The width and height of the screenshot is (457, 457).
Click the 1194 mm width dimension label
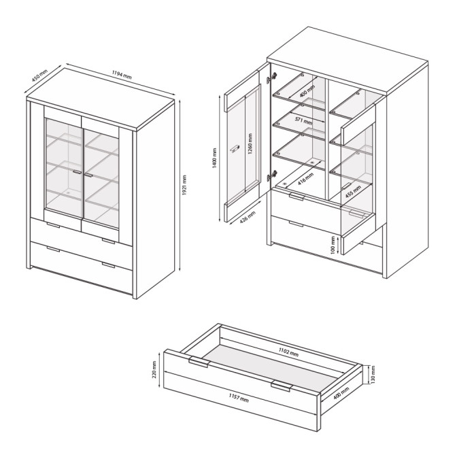pos(122,75)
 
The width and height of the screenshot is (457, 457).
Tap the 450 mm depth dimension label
pos(39,75)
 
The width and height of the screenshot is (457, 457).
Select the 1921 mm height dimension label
pos(184,186)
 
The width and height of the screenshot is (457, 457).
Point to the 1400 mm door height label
pos(215,158)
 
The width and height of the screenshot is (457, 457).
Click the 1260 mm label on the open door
pos(250,143)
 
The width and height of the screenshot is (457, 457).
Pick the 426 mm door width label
pos(248,217)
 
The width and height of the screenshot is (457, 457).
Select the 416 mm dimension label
pos(305,179)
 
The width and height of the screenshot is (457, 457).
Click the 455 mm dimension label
pos(353,192)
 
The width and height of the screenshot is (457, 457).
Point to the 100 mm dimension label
pos(333,245)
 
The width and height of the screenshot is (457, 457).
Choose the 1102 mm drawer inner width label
pos(288,352)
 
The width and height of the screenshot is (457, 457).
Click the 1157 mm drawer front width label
pos(239,398)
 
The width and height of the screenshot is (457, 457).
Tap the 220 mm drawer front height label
pos(154,369)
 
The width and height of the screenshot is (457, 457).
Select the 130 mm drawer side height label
pos(373,375)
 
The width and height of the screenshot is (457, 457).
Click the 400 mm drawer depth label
pos(341,394)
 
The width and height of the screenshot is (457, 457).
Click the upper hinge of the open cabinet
pos(271,78)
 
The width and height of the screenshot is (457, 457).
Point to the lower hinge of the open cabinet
pos(271,175)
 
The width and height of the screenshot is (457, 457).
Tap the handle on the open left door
pos(235,149)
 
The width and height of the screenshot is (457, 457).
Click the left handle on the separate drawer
pos(200,362)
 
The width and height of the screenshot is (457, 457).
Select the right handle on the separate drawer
pos(282,386)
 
